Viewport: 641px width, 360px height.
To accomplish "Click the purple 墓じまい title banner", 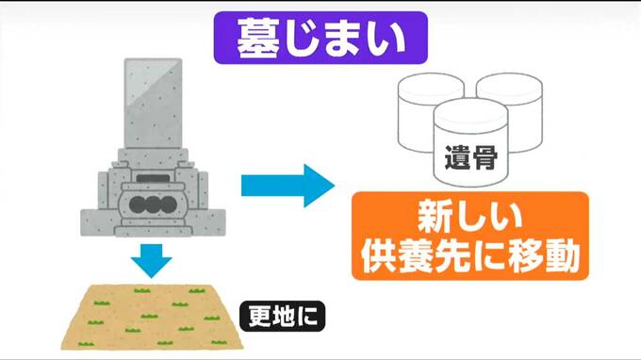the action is [320, 38].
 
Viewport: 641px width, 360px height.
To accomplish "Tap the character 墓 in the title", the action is [258, 39].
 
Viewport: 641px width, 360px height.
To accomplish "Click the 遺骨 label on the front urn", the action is [471, 157].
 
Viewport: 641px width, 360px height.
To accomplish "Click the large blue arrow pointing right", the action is [288, 186].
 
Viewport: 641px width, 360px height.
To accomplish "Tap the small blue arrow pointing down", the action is [151, 261].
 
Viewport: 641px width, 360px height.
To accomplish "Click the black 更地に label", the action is [283, 316].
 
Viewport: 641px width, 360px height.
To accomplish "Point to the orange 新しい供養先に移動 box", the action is [470, 236].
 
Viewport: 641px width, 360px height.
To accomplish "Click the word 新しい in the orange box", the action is [470, 217].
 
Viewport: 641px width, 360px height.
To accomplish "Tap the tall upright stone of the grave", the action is [154, 104].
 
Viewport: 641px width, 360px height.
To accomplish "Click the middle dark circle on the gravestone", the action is [152, 205].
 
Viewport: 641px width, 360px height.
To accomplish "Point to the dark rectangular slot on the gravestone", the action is [153, 178].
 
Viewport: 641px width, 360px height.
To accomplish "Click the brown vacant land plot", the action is [152, 317].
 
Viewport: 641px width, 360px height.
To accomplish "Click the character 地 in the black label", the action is [282, 316].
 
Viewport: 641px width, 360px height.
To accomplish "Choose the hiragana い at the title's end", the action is [386, 40].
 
